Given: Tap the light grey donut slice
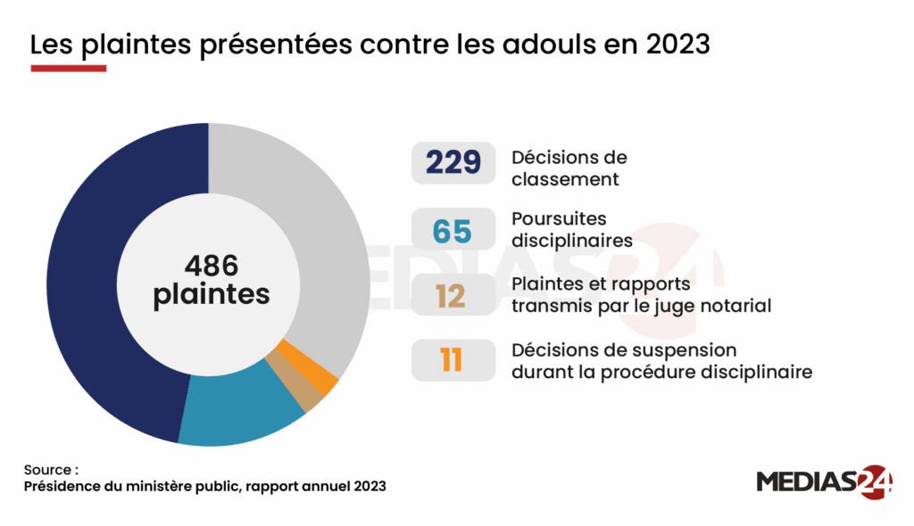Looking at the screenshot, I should click(321, 232).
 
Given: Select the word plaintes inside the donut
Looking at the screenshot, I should click(211, 295).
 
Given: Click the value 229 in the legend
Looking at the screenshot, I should click(453, 163).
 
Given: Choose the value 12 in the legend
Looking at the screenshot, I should click(452, 295).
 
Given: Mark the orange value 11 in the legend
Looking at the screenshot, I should click(452, 361).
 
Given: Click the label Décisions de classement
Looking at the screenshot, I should click(569, 168).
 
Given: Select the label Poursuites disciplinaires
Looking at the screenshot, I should click(572, 229).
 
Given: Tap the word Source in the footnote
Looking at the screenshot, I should click(49, 469).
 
